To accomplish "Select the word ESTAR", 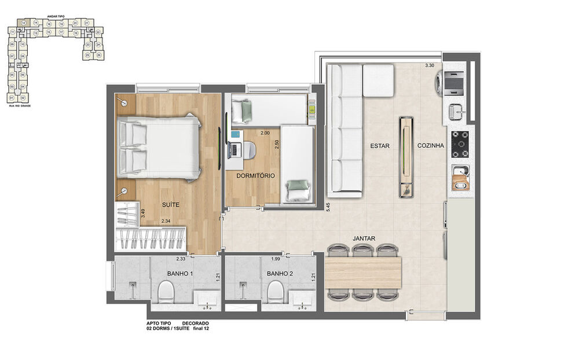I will pyautogui.click(x=379, y=146).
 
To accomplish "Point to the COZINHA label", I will pyautogui.click(x=431, y=146).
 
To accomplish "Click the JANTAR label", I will pyautogui.click(x=365, y=238).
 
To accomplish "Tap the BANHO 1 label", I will pyautogui.click(x=180, y=273).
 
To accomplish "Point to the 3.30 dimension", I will pyautogui.click(x=429, y=65).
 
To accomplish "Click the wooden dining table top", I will pyautogui.click(x=363, y=272).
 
